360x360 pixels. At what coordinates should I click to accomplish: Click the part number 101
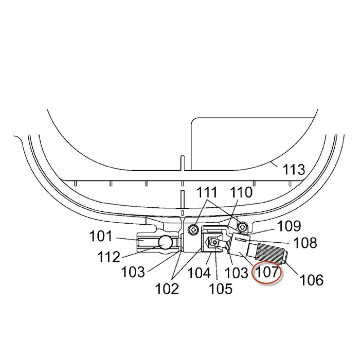[101, 236]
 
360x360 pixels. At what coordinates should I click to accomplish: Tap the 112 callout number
[109, 257]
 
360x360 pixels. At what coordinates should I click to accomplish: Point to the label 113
[294, 170]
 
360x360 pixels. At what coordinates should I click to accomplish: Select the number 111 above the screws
[208, 192]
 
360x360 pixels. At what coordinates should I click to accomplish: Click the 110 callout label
[241, 192]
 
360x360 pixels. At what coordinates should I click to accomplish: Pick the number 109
[289, 226]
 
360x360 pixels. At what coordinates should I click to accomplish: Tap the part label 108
[305, 243]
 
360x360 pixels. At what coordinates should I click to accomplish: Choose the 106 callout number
[312, 280]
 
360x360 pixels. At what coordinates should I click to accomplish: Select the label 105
[221, 289]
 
